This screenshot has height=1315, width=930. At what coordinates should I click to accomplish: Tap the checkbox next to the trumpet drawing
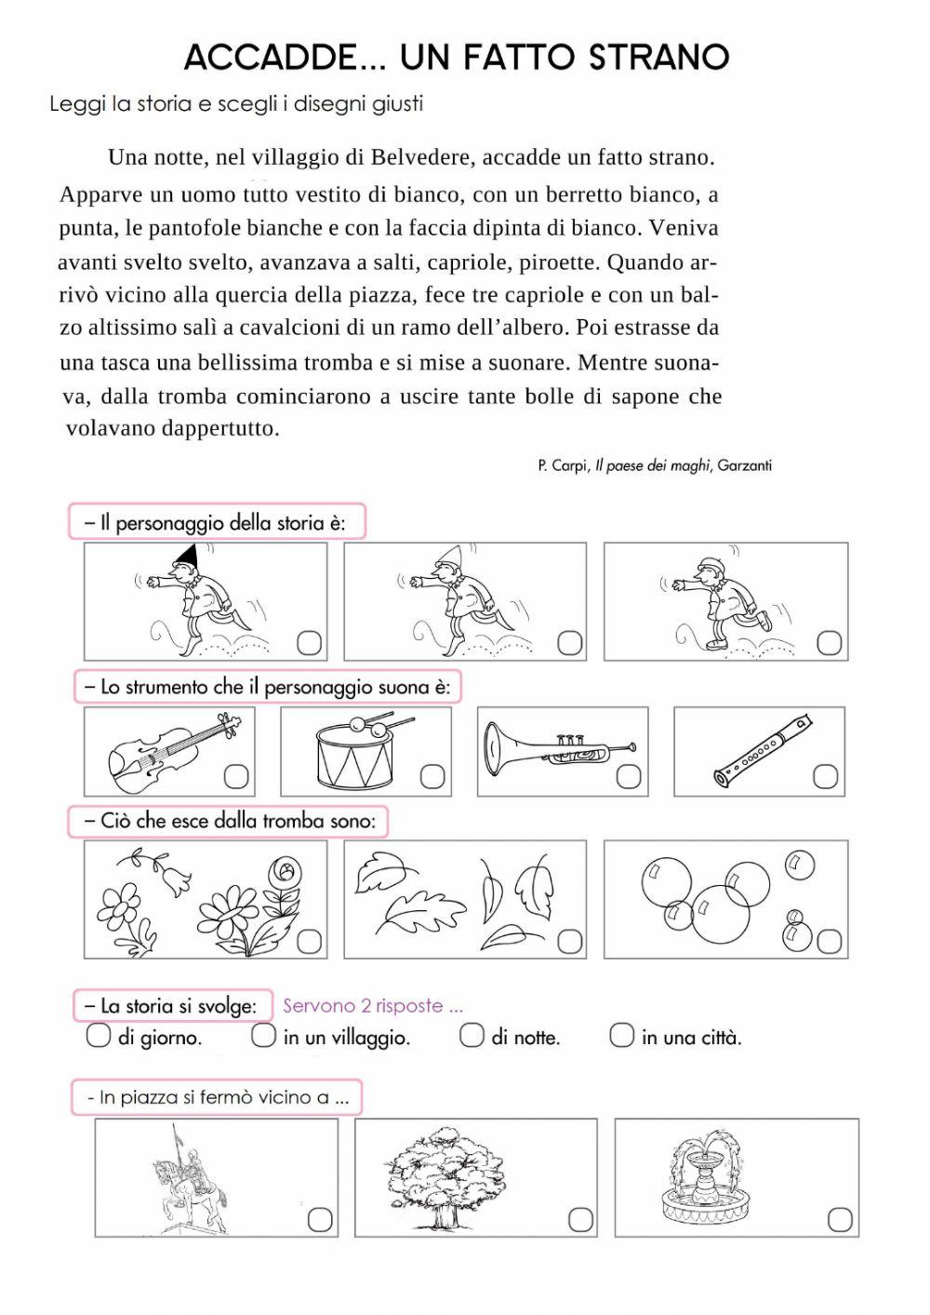[x=629, y=776]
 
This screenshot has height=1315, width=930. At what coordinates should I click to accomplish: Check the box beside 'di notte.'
[x=472, y=1035]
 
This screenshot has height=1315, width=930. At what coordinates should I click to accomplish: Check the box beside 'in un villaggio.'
[x=263, y=1035]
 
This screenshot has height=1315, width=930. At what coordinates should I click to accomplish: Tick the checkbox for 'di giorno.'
[x=98, y=1035]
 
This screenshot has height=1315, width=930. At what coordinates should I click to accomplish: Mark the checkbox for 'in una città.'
[x=621, y=1035]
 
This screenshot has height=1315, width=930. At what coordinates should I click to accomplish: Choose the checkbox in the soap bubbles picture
[x=829, y=941]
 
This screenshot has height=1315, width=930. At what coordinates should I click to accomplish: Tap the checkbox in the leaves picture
[x=569, y=941]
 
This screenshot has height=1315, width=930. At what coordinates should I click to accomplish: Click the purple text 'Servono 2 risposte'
[x=372, y=1005]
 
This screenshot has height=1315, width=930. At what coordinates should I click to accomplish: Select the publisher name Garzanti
[x=743, y=465]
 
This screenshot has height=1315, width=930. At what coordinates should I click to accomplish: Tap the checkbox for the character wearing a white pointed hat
[x=569, y=642]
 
